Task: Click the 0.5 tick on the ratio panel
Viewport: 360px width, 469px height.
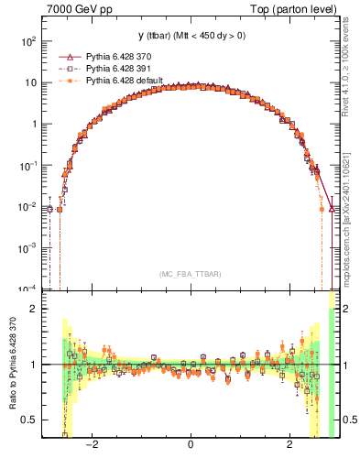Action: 29,420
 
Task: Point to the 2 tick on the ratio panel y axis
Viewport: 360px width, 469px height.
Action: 34,309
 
